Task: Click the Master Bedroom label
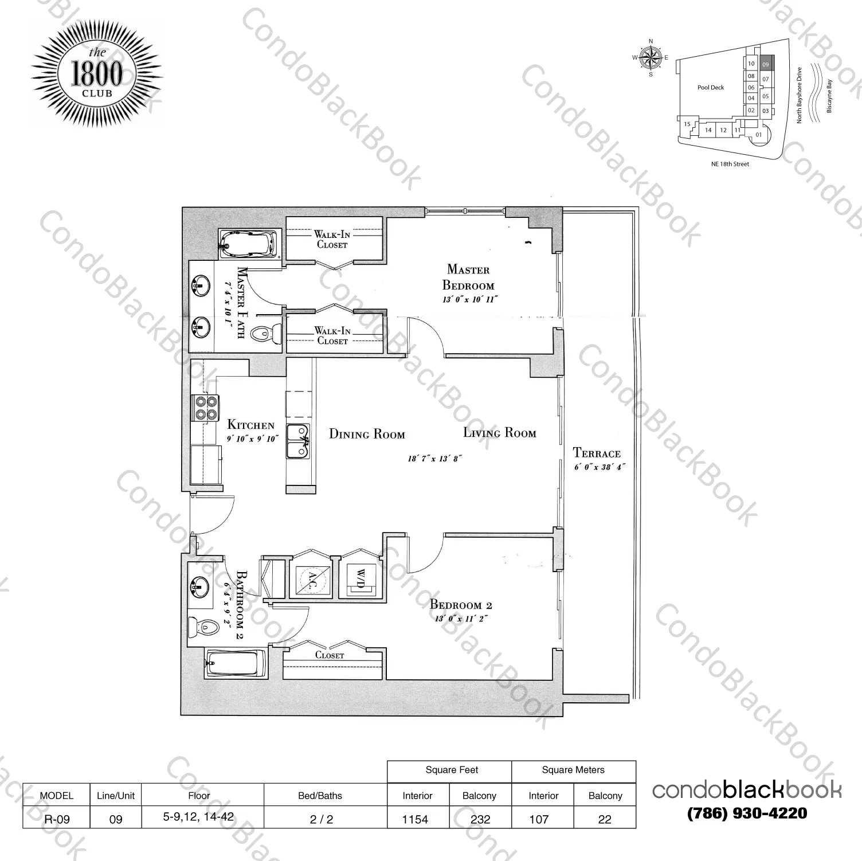(x=468, y=277)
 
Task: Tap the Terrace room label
(x=597, y=453)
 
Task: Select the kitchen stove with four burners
(x=207, y=408)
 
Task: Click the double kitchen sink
(x=298, y=441)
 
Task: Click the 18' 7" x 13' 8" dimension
(x=434, y=459)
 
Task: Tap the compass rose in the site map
(x=650, y=57)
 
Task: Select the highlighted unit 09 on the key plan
(x=766, y=64)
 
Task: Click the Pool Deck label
(x=711, y=88)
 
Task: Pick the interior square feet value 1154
(x=415, y=819)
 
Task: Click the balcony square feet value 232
(x=480, y=819)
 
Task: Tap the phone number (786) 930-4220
(x=747, y=813)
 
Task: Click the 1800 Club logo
(x=96, y=76)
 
